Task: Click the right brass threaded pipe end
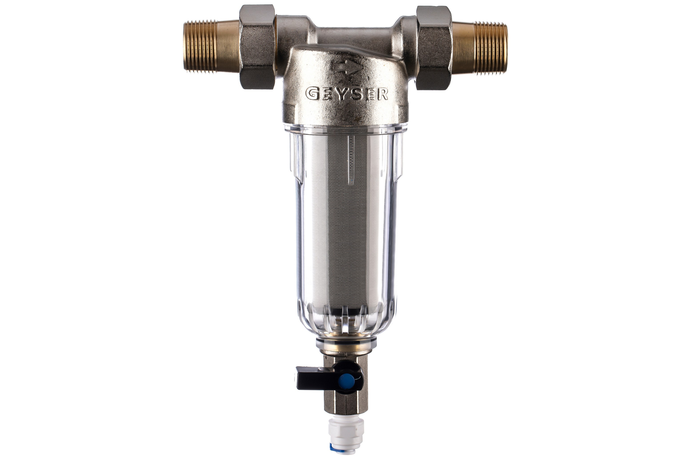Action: click(x=480, y=47)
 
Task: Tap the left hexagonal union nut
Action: click(x=258, y=47)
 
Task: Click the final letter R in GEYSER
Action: click(x=382, y=94)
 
